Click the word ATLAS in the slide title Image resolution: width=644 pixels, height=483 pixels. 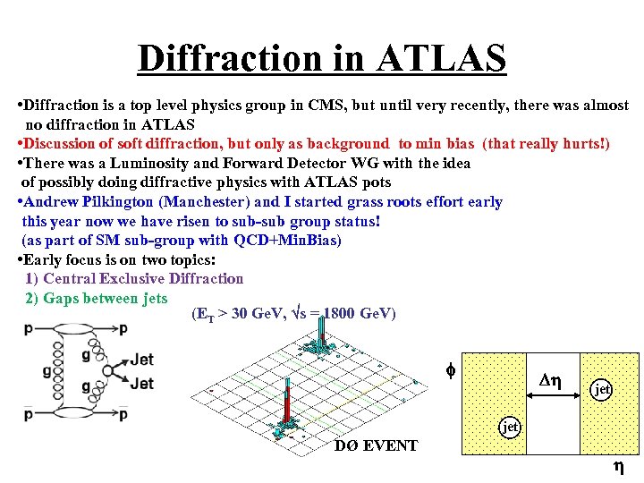[x=442, y=58]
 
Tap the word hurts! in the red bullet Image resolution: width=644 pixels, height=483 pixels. [x=582, y=143]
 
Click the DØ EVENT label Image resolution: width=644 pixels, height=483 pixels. [x=376, y=445]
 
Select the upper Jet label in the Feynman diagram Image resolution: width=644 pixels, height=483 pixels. [x=141, y=360]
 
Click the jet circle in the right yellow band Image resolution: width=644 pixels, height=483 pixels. [x=603, y=389]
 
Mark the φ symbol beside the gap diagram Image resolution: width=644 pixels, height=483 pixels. [x=451, y=369]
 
